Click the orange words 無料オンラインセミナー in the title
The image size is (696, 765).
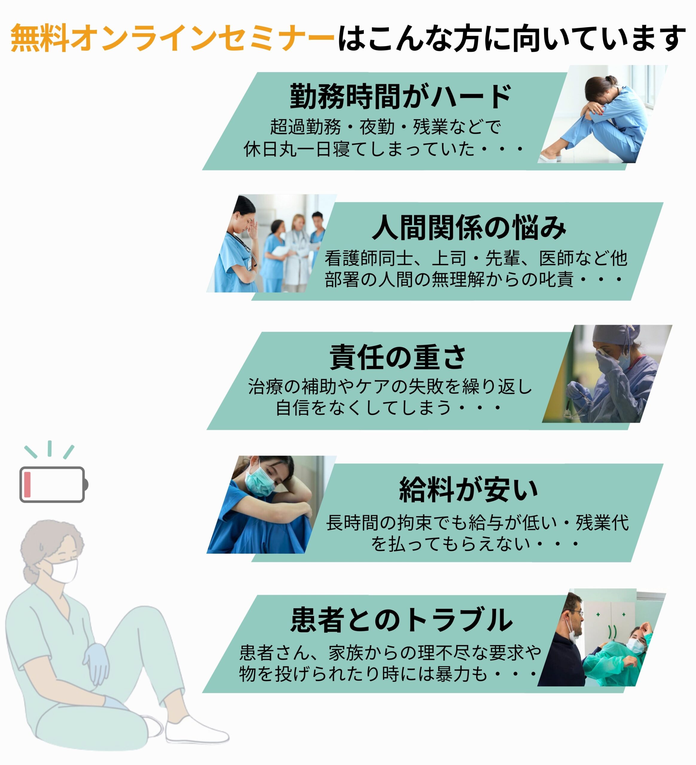click(173, 38)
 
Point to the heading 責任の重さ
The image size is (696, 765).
click(398, 357)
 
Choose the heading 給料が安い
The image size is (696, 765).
click(468, 489)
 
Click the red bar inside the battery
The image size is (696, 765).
click(27, 485)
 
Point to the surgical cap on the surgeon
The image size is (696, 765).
click(611, 334)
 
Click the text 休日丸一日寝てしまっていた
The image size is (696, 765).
click(359, 149)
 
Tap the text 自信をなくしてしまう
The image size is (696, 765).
click(363, 408)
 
